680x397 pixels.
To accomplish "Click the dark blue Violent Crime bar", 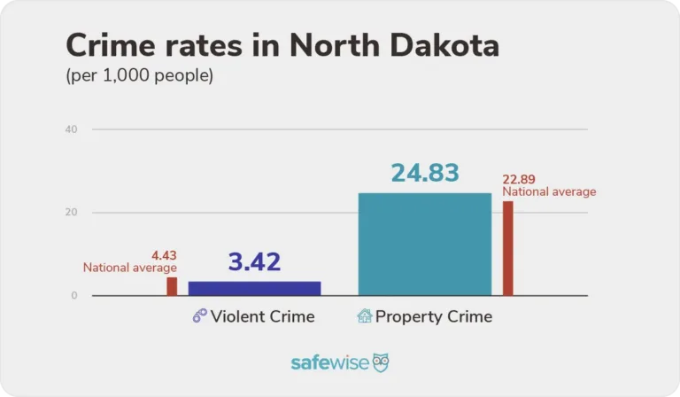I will point(254,288).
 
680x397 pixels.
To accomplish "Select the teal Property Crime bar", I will point(424,244).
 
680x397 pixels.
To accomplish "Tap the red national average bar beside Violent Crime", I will point(172,286).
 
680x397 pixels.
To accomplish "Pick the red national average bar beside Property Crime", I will point(507,248).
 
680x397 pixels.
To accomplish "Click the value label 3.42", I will point(254,262).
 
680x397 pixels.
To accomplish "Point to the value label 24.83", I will point(425,173).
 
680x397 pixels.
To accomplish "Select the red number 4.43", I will point(165,255).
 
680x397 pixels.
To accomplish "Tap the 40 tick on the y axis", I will point(72,130).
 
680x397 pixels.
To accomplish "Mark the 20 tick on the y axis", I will point(72,213).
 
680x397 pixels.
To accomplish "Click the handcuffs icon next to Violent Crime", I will point(200,316).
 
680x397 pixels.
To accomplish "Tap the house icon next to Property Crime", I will point(364,316).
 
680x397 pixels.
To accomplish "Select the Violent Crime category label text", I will point(263,316).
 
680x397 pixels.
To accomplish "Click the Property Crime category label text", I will point(434,316).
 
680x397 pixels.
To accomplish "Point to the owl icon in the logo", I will point(381,362).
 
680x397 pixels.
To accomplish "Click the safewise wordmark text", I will point(329,363).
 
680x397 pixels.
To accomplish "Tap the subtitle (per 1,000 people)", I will point(139,76).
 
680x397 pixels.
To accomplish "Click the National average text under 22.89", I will point(549,191).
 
